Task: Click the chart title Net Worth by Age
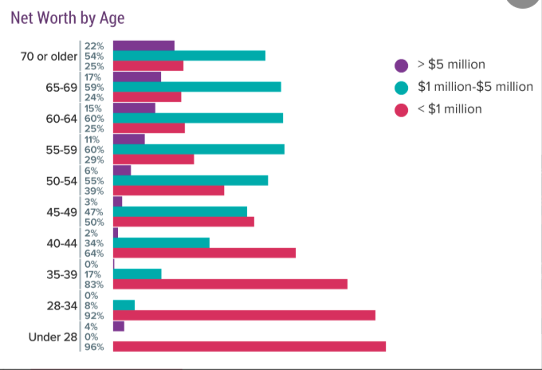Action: tap(68, 18)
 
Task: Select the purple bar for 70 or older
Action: tap(143, 45)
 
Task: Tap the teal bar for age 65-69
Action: tap(197, 87)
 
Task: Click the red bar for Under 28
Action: tap(249, 347)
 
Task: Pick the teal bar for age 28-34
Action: tap(124, 305)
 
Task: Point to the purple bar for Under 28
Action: tap(119, 326)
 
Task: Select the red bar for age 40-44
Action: tap(204, 253)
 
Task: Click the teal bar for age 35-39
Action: tap(137, 274)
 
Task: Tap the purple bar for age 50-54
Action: tap(122, 170)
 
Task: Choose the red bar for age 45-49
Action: tap(183, 222)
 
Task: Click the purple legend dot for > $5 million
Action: tap(401, 65)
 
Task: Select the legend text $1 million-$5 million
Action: tap(475, 86)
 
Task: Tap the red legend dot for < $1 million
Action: tap(401, 110)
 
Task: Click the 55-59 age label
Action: tap(61, 150)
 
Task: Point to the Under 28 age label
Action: tap(53, 337)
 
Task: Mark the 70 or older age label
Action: tap(49, 56)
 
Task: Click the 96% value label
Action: tap(94, 347)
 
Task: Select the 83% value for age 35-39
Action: tap(94, 284)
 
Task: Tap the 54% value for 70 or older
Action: tap(94, 56)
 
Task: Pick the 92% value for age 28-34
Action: tap(94, 316)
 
